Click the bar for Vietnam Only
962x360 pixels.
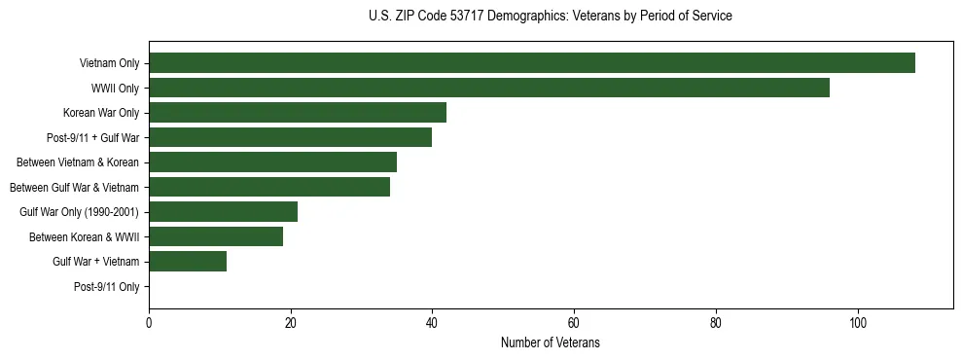532,63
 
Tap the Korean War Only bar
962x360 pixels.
298,113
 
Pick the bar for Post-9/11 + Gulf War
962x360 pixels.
291,137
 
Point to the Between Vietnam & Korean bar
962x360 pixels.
273,162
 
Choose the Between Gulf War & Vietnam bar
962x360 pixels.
269,187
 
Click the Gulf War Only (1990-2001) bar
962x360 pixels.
224,212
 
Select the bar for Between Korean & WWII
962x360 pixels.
216,236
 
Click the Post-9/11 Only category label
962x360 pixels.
107,287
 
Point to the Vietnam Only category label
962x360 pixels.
109,63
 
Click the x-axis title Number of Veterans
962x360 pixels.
551,343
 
